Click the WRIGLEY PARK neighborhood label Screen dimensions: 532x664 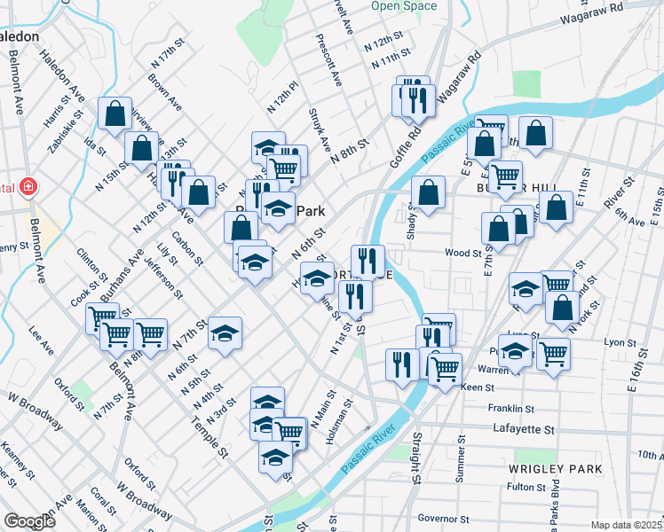[556, 467]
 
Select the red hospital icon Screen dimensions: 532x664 [28, 187]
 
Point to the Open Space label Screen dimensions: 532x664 [404, 5]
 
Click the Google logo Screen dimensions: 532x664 [29, 521]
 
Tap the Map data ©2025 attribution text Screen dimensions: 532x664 [627, 525]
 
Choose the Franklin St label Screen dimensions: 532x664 [511, 409]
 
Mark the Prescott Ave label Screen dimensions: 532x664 [328, 60]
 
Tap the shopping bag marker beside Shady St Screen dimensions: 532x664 [428, 192]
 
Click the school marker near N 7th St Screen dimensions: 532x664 [225, 332]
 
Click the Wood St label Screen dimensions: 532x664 [462, 253]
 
